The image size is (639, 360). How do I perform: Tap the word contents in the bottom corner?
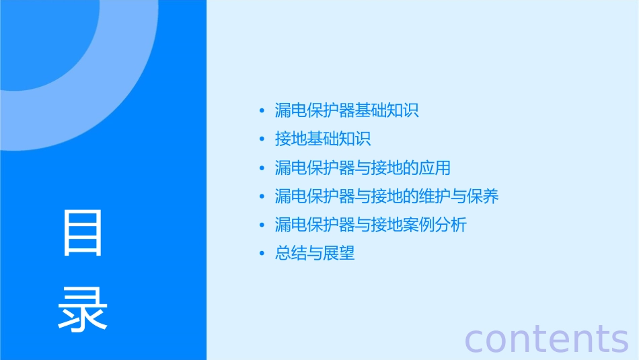[546, 338]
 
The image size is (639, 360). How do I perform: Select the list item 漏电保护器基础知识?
[346, 110]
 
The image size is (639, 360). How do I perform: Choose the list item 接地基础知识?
[323, 139]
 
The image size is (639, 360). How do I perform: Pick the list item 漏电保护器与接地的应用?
[363, 168]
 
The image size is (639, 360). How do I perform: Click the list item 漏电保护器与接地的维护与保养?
[387, 196]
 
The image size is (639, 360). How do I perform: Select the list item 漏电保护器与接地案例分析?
[371, 225]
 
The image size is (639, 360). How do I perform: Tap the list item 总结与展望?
[315, 254]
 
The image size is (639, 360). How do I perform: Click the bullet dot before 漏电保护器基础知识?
[262, 111]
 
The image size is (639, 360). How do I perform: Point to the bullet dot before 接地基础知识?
[262, 139]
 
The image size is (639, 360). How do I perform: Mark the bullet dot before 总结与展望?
[262, 254]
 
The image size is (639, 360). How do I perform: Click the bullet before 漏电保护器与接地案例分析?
[262, 225]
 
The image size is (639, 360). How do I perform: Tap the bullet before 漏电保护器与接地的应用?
[262, 168]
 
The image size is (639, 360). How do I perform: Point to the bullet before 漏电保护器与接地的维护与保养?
[262, 196]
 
